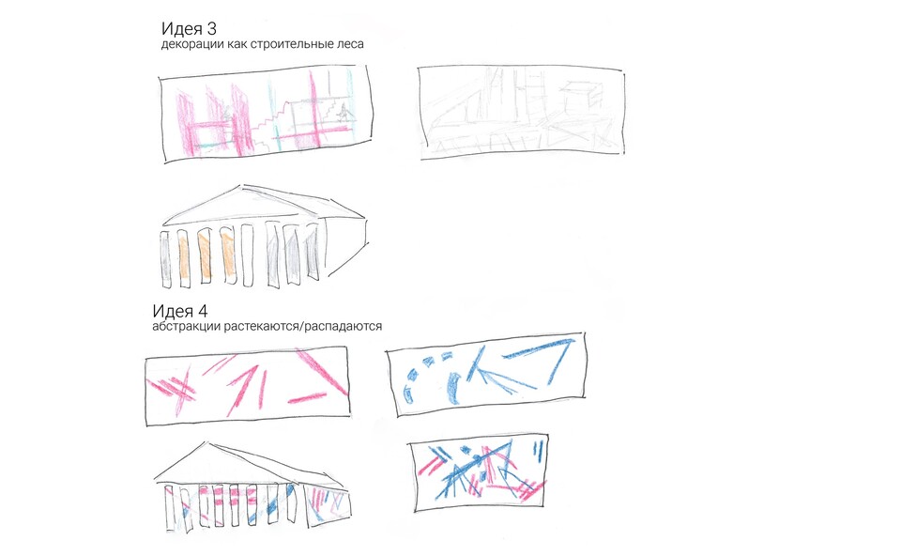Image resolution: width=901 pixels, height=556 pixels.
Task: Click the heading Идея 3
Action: pyautogui.click(x=189, y=28)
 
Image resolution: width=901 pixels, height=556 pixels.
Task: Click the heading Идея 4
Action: pyautogui.click(x=180, y=311)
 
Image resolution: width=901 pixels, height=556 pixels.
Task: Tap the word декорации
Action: pyautogui.click(x=191, y=44)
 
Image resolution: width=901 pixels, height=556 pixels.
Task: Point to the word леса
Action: pyautogui.click(x=350, y=44)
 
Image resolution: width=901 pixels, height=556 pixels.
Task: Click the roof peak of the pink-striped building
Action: pyautogui.click(x=206, y=442)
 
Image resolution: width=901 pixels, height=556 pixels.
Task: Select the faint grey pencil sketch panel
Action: pyautogui.click(x=521, y=112)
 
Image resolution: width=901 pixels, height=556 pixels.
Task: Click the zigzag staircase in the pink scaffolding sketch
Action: pyautogui.click(x=271, y=121)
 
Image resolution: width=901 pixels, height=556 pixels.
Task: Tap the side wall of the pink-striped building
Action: pyautogui.click(x=328, y=505)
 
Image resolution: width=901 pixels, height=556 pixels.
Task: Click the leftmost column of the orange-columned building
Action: pyautogui.click(x=166, y=258)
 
